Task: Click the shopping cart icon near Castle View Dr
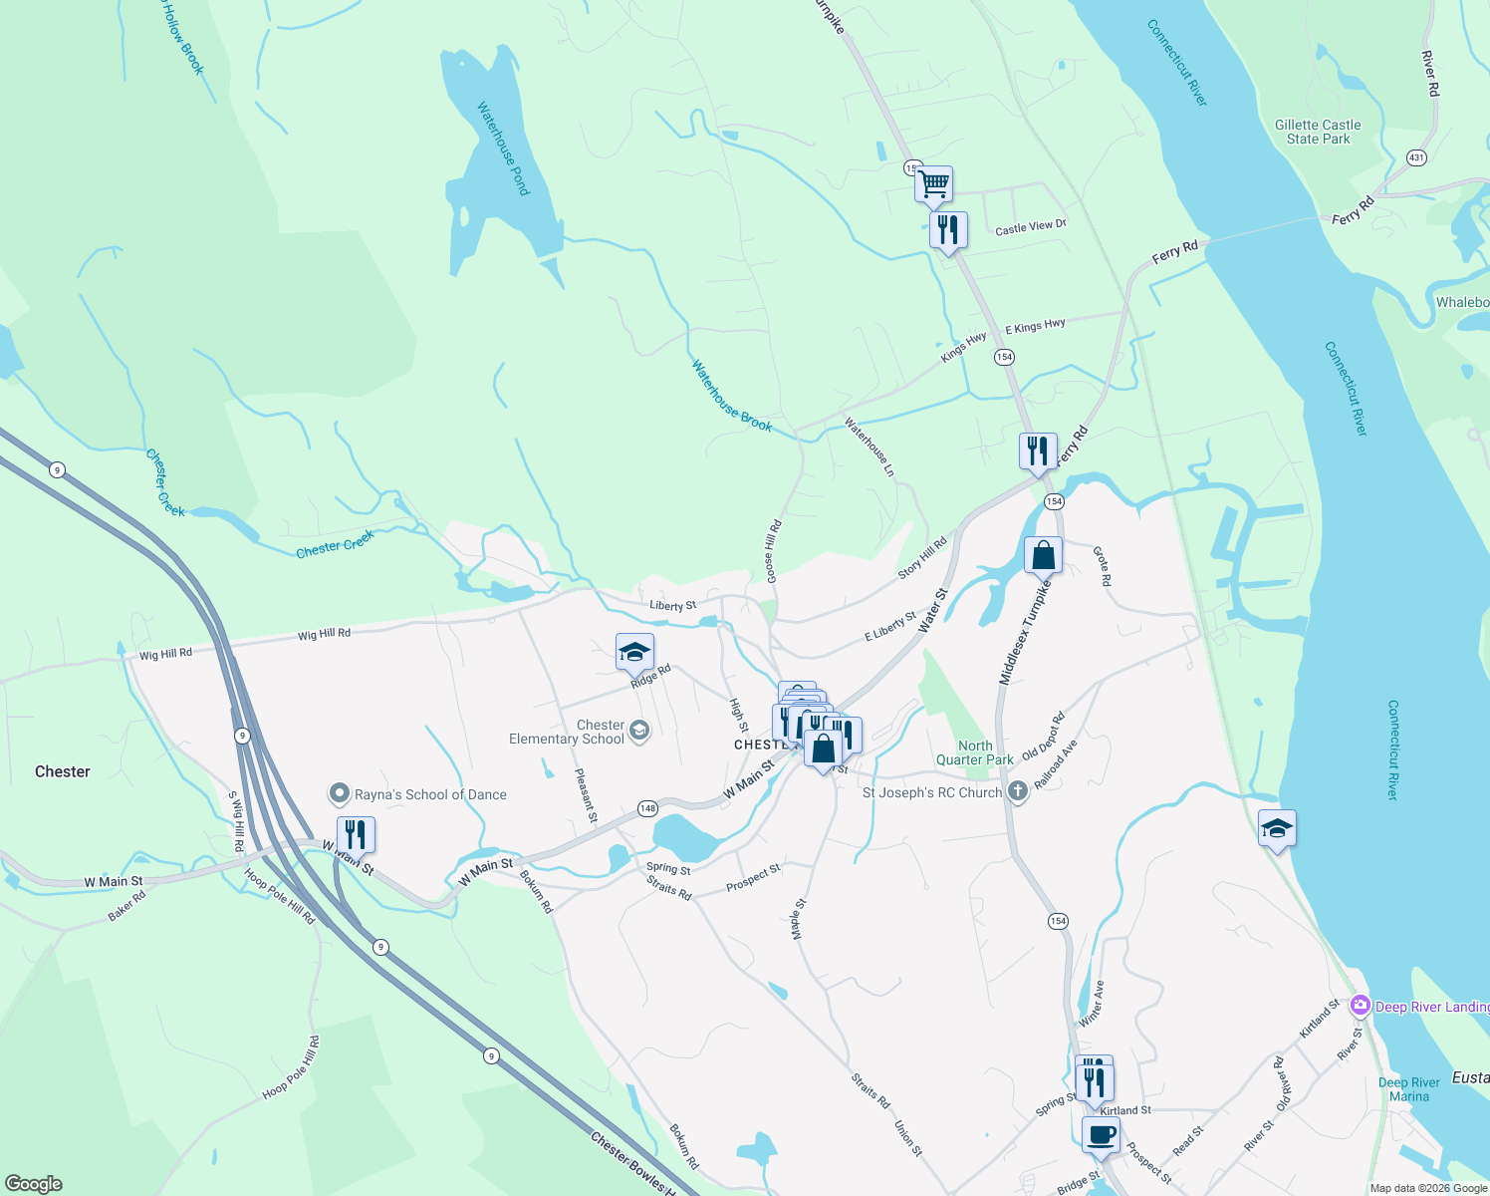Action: [933, 183]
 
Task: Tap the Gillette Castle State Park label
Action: [1318, 132]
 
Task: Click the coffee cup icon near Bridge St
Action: [1101, 1134]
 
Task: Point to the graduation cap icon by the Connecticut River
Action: [1277, 828]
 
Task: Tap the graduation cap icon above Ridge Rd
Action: [634, 652]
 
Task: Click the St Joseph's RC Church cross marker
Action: [1017, 792]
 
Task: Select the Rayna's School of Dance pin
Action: [340, 794]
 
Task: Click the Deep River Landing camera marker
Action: [1360, 1007]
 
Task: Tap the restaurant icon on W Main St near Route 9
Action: [356, 833]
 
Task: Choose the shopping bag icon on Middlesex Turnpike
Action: [1043, 555]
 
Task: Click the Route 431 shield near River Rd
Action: [1416, 157]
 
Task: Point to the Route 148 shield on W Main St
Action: [647, 808]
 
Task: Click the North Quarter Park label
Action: [974, 752]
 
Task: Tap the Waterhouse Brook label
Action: [732, 397]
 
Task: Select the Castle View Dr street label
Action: [1031, 227]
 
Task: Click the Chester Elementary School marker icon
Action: [639, 732]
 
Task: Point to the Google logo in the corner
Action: [33, 1183]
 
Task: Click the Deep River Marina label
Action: [1408, 1089]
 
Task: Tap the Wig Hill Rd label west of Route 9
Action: [165, 654]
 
